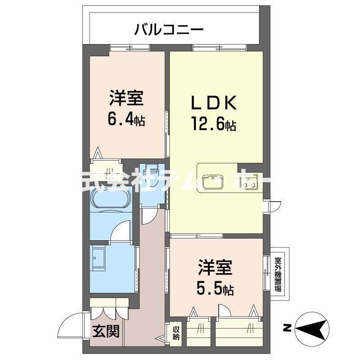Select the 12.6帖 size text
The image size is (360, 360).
click(x=213, y=125)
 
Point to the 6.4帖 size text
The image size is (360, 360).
click(x=126, y=119)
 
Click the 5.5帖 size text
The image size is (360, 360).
click(x=215, y=288)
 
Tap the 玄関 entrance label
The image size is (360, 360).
click(x=106, y=332)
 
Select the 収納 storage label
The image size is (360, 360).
click(x=176, y=333)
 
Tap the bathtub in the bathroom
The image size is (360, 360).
click(x=111, y=198)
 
